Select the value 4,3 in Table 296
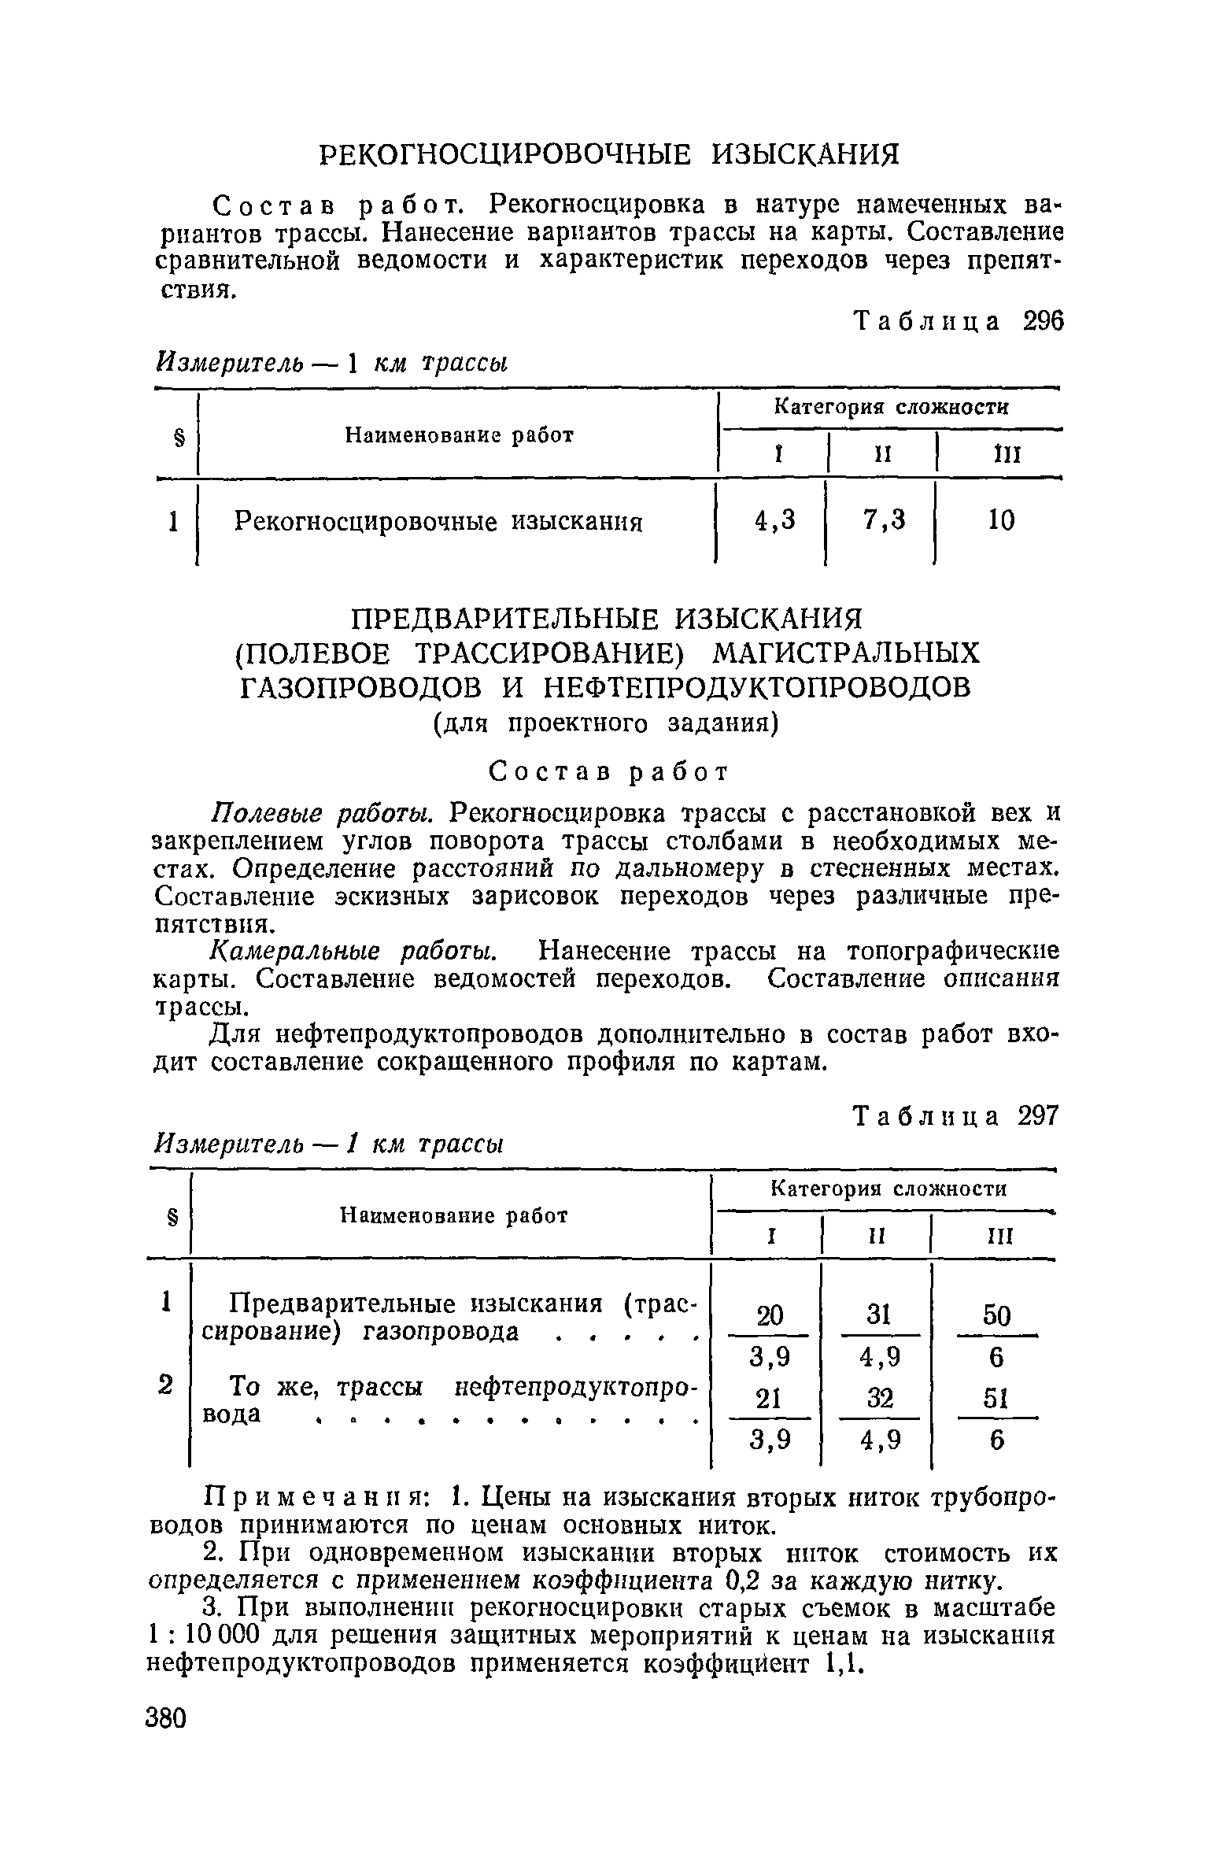point(774,520)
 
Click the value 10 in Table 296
point(1002,520)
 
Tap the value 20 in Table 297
point(770,1315)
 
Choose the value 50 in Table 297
point(996,1315)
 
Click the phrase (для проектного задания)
point(606,723)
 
